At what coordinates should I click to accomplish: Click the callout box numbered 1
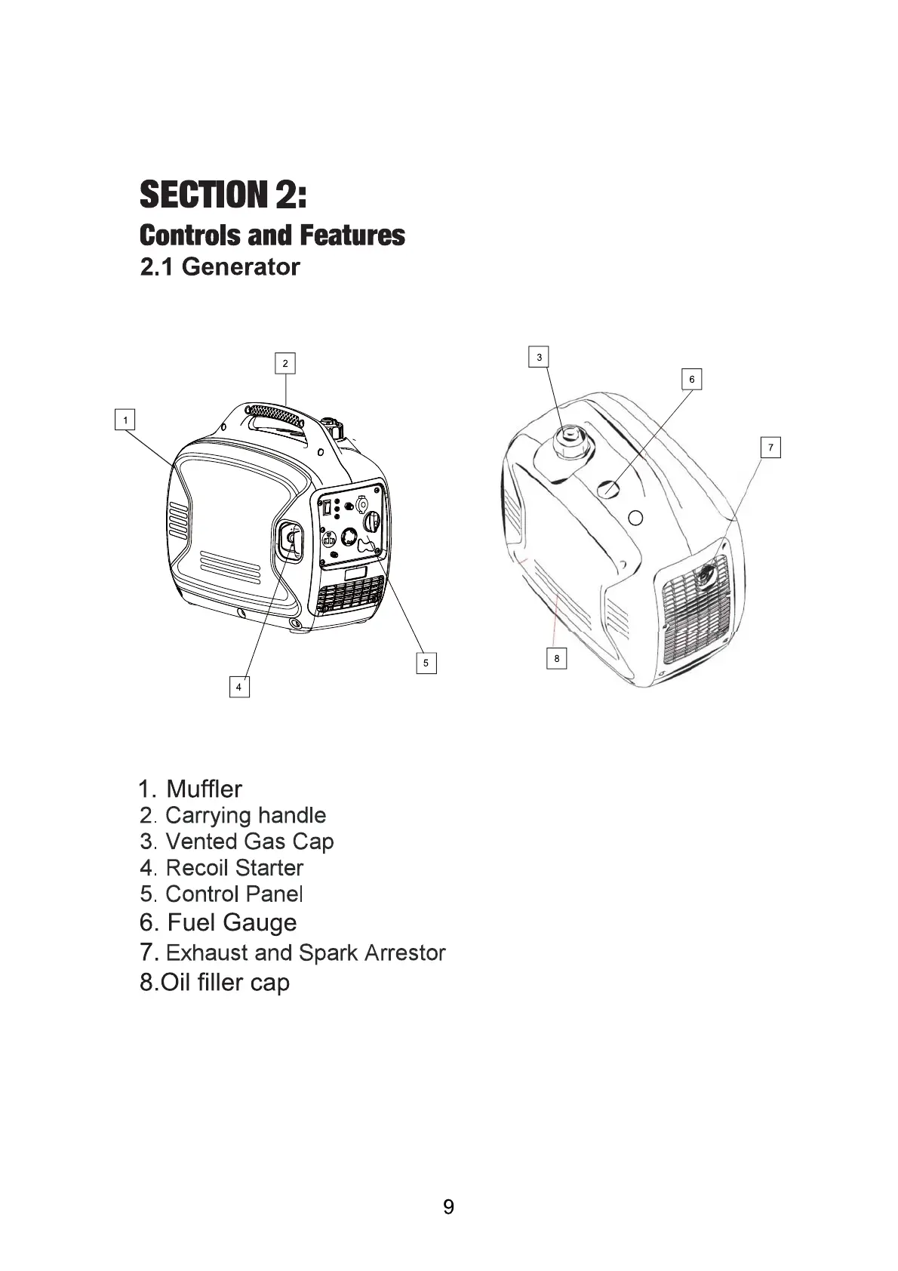pyautogui.click(x=125, y=420)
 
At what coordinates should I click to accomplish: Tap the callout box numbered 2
pyautogui.click(x=284, y=363)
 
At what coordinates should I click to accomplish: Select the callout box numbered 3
pyautogui.click(x=539, y=357)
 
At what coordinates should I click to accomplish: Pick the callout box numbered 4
pyautogui.click(x=239, y=687)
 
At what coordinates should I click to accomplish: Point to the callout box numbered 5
pyautogui.click(x=426, y=663)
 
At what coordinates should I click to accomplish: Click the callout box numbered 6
pyautogui.click(x=692, y=379)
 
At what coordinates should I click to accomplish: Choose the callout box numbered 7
pyautogui.click(x=770, y=448)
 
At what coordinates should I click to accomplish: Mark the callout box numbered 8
pyautogui.click(x=557, y=658)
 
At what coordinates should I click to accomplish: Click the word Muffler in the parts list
pyautogui.click(x=204, y=789)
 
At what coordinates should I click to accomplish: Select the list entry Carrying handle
pyautogui.click(x=233, y=815)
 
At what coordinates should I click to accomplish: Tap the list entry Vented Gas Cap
pyautogui.click(x=237, y=842)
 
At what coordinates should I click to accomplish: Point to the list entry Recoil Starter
pyautogui.click(x=222, y=868)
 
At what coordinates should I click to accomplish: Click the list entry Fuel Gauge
pyautogui.click(x=219, y=922)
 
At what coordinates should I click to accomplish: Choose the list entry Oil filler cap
pyautogui.click(x=215, y=983)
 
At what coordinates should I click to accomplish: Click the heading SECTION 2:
pyautogui.click(x=223, y=194)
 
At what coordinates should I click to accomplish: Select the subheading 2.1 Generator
pyautogui.click(x=220, y=266)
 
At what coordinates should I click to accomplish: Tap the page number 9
pyautogui.click(x=449, y=1207)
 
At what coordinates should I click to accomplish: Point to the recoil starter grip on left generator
pyautogui.click(x=289, y=540)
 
